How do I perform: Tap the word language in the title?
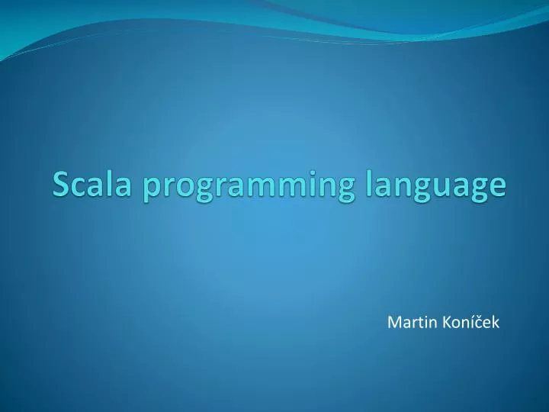[x=432, y=187]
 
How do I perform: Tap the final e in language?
[x=497, y=186]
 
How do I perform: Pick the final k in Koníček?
[x=496, y=323]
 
